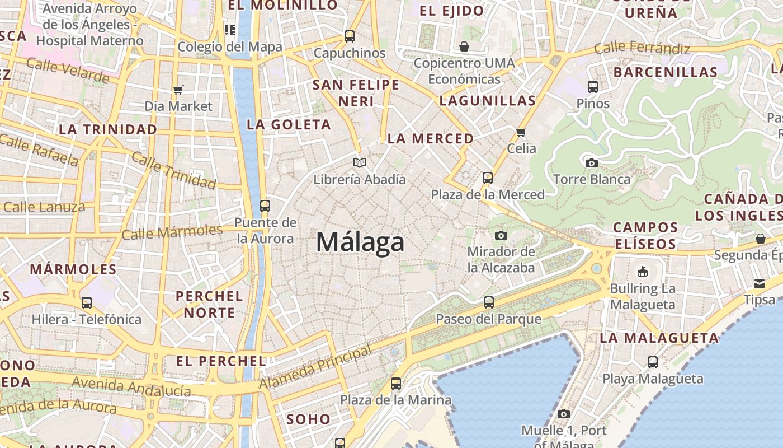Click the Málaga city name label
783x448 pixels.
(360, 242)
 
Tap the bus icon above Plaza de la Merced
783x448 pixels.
(488, 178)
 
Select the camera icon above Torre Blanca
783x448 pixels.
(592, 163)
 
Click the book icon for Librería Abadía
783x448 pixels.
(360, 163)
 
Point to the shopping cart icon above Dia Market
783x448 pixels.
(178, 90)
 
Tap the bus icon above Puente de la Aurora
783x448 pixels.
(265, 206)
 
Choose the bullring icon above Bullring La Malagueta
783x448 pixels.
(643, 272)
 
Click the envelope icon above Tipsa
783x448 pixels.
(760, 283)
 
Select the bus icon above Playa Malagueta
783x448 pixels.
(653, 362)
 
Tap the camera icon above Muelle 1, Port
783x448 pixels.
(564, 414)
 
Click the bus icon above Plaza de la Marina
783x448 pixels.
(396, 384)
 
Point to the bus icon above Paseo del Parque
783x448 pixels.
(489, 302)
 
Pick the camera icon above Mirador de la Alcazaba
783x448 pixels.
(501, 235)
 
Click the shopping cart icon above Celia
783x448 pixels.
(521, 132)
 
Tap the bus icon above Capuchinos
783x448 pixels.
(350, 36)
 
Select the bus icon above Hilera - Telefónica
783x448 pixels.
(87, 303)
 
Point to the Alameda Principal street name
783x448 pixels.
(315, 368)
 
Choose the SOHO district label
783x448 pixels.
(308, 419)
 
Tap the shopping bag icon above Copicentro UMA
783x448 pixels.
(464, 46)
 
